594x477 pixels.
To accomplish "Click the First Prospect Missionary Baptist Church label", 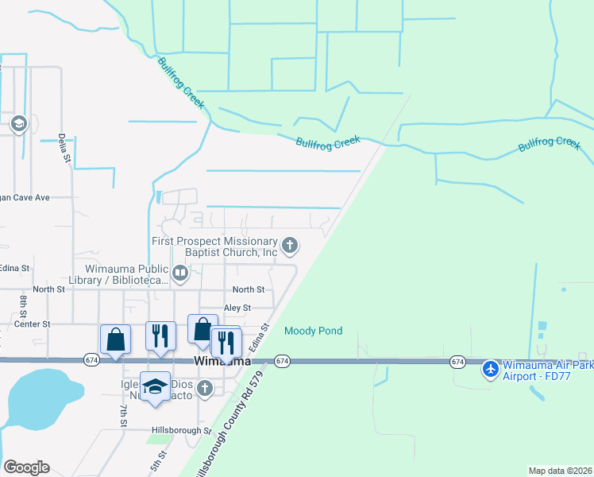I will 214,246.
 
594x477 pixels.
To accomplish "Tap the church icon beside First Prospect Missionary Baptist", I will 290,246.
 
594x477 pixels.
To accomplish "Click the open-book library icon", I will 180,275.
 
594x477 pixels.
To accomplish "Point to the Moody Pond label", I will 314,331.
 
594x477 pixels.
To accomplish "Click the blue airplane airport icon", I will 490,368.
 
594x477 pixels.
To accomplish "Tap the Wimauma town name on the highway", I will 222,362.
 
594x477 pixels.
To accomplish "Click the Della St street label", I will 64,148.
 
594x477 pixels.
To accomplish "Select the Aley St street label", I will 237,308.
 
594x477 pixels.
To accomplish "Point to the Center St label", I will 33,324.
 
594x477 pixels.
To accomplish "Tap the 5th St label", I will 161,462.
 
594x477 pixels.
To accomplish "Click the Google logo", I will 26,467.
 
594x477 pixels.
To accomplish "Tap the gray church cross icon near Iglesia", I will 205,388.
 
